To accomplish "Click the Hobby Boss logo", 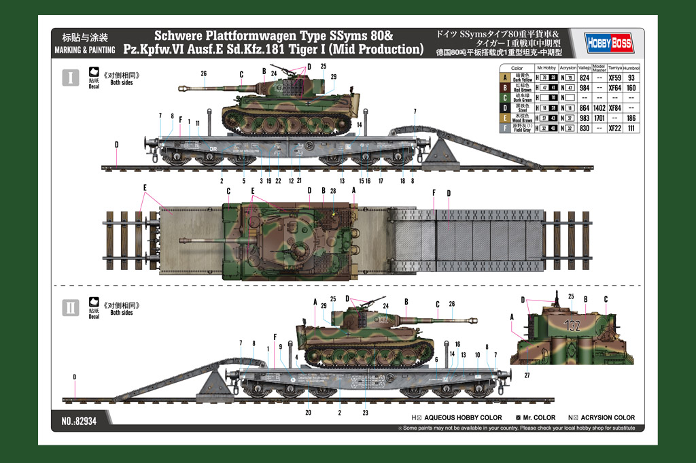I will (x=610, y=44).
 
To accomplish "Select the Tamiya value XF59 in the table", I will (x=614, y=78).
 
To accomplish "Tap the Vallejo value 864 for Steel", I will (x=582, y=107).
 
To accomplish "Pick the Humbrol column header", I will (x=631, y=68).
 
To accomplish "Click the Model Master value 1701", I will (x=599, y=118).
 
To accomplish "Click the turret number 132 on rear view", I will (x=573, y=326).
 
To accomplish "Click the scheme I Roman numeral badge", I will (x=71, y=77).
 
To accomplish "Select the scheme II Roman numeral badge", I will (x=71, y=307).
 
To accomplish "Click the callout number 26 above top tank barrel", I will (x=203, y=73).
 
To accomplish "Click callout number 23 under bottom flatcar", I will (x=365, y=413).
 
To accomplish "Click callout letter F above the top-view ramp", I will (x=434, y=193).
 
